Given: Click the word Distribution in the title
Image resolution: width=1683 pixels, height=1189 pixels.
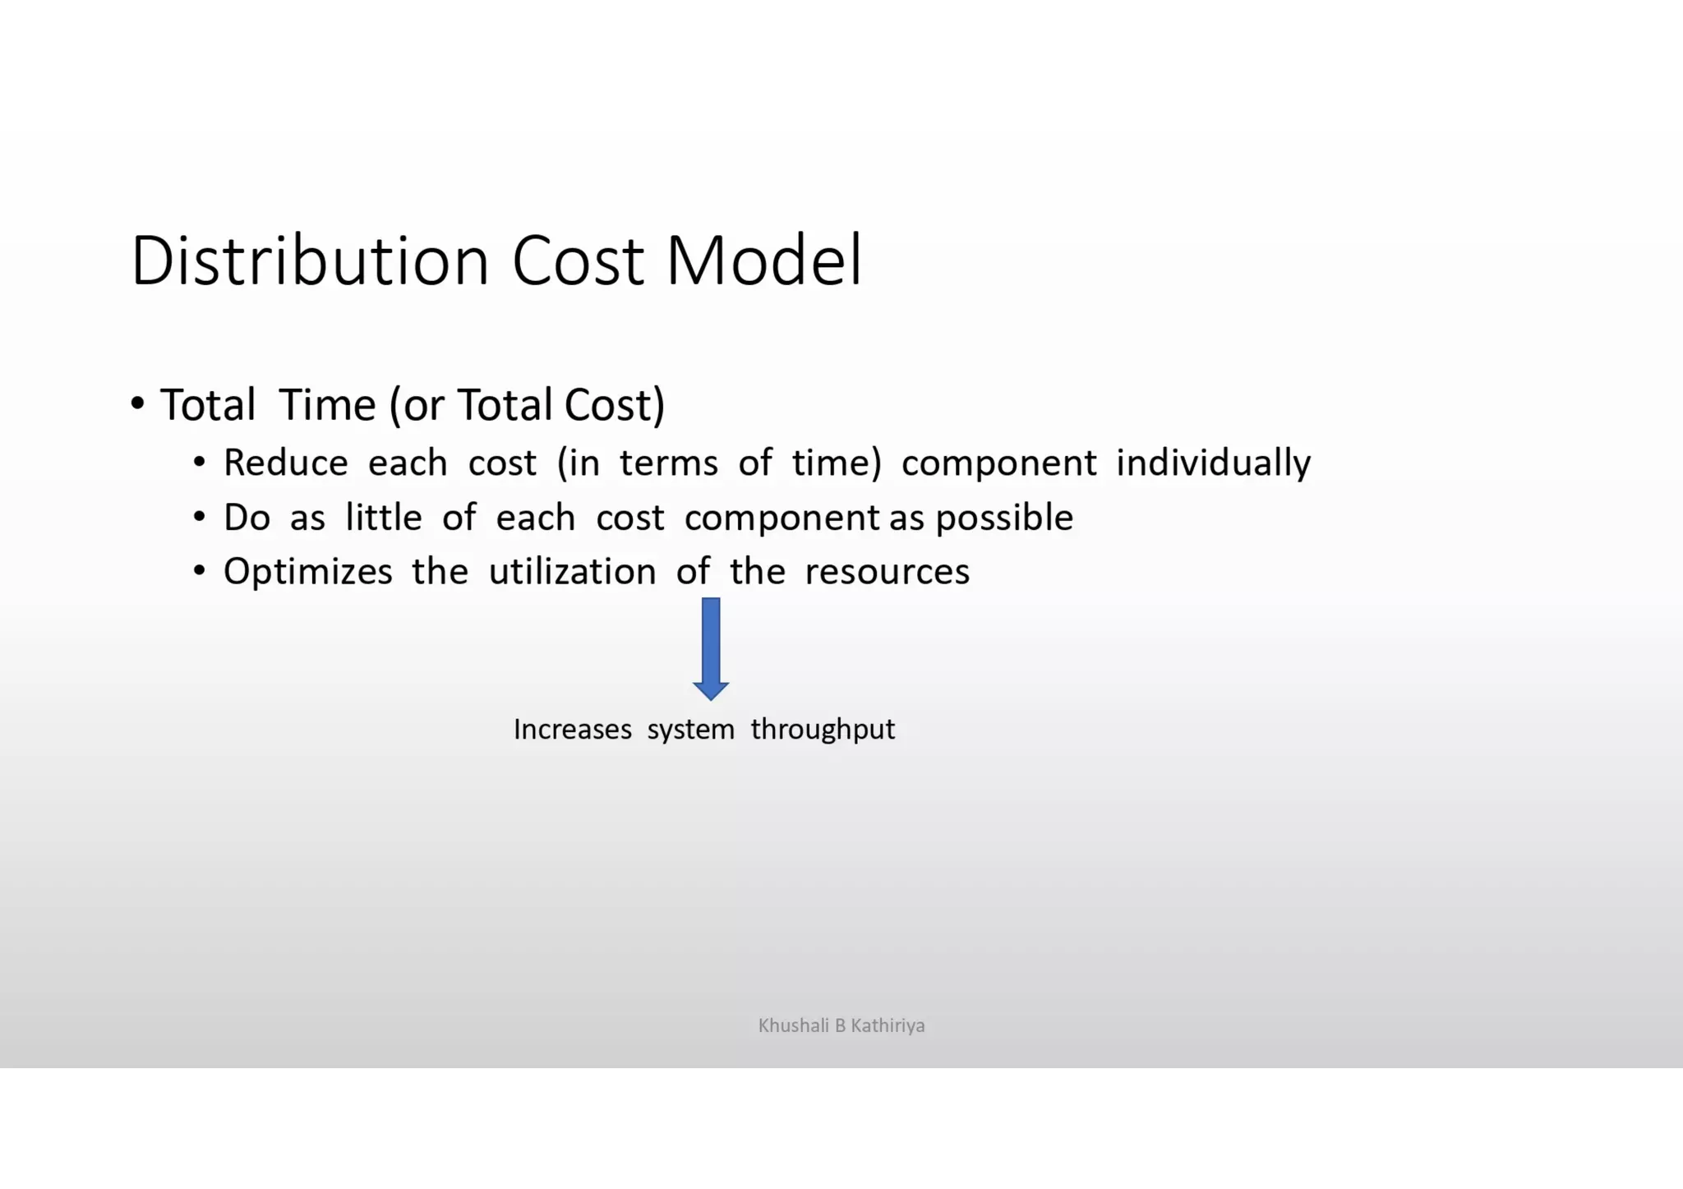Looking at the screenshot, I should pos(310,260).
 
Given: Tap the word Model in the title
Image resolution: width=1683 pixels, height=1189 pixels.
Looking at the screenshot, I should pos(763,260).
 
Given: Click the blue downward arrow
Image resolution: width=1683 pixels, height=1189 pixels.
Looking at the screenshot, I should pos(711,648).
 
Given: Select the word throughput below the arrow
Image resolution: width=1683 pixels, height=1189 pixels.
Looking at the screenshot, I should pos(823,730).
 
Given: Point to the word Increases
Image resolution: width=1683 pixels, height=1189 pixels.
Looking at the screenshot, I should pos(572,730).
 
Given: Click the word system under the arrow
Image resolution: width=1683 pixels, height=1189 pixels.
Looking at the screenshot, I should pos(690,730).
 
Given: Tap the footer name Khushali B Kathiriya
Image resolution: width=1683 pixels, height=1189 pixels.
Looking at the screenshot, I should pos(841,1025).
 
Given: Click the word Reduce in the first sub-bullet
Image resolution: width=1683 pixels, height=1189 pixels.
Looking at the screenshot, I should pos(285,463).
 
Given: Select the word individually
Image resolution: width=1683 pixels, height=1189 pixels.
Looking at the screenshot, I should pos(1213,463).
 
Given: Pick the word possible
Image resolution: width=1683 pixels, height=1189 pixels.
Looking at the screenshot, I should pos(1004,518).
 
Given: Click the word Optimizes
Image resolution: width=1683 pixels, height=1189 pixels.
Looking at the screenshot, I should pos(307,572).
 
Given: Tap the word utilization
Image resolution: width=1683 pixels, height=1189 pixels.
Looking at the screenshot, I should pos(572,572).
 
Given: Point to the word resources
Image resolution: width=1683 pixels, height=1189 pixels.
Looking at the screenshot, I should pos(887,572).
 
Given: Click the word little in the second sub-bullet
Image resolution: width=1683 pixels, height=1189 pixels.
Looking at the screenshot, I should pos(383,518).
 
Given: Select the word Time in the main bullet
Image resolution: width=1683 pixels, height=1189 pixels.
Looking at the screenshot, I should pos(327,405).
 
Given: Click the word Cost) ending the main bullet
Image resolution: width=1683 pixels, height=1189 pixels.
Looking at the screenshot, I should pos(614,405).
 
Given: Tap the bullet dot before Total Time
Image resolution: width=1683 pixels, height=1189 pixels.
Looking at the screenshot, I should pos(137,403).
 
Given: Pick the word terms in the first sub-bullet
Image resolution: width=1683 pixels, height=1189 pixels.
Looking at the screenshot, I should pos(668,463).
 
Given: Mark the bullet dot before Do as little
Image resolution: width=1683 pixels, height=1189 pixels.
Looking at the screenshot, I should pos(199,517).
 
